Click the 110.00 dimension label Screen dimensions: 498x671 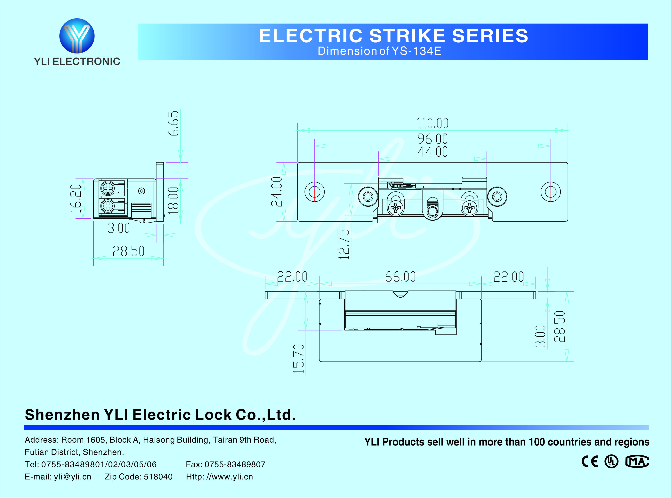point(432,123)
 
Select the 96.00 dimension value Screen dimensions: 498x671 point(432,139)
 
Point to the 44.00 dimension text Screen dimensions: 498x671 point(432,152)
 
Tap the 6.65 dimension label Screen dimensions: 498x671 point(173,123)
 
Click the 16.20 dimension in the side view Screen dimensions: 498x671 point(76,198)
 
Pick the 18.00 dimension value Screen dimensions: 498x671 point(173,200)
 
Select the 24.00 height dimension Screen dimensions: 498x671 point(277,192)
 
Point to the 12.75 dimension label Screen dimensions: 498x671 point(344,244)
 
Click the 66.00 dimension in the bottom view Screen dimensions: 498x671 point(400,277)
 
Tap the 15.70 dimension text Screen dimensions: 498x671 point(298,358)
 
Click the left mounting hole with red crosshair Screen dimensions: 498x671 point(314,192)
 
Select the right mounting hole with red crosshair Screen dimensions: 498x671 point(550,192)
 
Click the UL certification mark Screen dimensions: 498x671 point(611,462)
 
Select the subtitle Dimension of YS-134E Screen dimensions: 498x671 point(379,51)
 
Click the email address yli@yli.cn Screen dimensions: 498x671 point(72,477)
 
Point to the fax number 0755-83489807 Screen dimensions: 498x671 point(235,464)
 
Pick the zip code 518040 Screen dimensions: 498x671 point(158,477)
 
